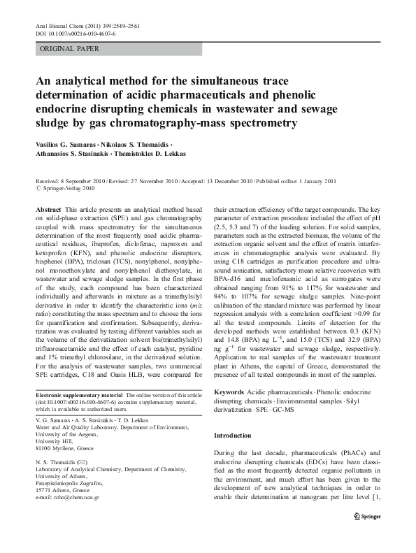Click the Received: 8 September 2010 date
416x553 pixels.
[69, 180]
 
